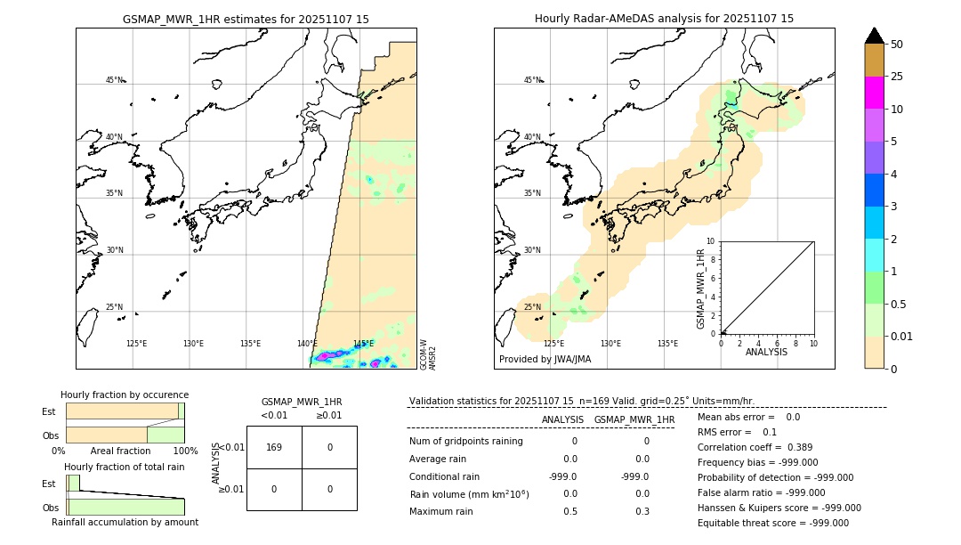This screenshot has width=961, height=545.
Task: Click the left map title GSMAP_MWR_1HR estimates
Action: point(246,18)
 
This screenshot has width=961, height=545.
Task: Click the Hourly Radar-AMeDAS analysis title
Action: point(664,18)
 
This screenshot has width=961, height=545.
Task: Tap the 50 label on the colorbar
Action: point(897,45)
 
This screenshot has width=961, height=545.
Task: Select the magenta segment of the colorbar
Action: point(874,94)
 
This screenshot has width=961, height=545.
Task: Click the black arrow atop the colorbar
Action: point(874,36)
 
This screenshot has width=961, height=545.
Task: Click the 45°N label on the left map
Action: point(114,80)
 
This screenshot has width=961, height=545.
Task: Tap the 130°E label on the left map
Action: point(193,344)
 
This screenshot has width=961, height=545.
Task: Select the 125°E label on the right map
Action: point(553,344)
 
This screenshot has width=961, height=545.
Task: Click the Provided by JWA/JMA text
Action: point(545,360)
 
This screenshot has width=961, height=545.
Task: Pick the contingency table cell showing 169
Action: point(274,447)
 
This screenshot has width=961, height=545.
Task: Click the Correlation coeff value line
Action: point(742,447)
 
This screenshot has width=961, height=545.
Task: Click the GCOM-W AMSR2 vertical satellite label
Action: point(428,354)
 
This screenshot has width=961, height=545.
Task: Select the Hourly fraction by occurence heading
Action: point(125,395)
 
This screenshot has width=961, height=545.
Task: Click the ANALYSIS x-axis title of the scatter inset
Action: point(766,352)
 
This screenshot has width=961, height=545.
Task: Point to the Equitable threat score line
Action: point(772,523)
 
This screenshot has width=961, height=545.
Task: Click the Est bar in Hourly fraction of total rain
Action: point(74,483)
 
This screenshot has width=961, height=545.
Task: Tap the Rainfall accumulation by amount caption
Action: point(125,522)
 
